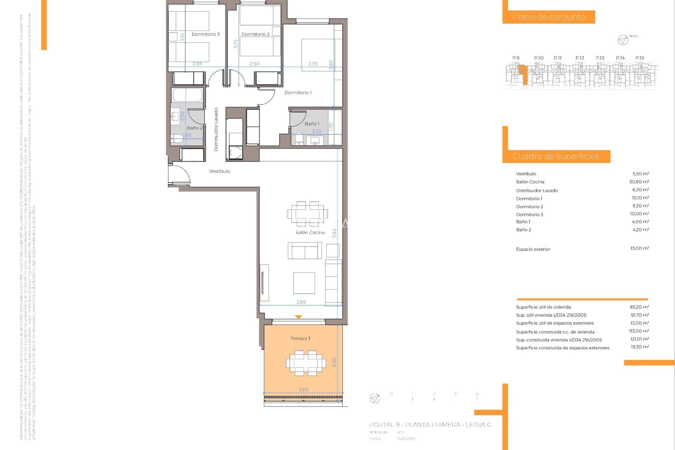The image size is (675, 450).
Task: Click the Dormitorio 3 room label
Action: click(206, 34)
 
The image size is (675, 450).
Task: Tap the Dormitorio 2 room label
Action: click(256, 34)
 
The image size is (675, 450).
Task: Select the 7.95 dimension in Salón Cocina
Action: click(334, 233)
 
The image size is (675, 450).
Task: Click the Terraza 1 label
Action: click(300, 338)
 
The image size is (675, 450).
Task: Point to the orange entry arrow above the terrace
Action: click(298, 317)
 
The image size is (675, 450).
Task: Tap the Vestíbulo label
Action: click(219, 171)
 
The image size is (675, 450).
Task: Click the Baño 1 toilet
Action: click(299, 139)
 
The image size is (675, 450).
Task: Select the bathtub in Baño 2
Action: click(187, 95)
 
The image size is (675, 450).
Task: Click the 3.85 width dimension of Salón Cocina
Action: click(301, 302)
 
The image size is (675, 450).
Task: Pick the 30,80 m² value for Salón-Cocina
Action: click(639, 182)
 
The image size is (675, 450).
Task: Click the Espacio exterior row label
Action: click(533, 249)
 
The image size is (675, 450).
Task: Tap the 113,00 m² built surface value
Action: click(639, 331)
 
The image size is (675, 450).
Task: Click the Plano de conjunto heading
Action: click(549, 17)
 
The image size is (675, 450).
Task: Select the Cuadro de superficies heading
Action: click(555, 156)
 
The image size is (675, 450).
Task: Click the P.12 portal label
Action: click(580, 58)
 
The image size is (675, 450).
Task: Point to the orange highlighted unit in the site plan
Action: click(523, 72)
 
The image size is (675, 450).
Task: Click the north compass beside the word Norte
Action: click(623, 40)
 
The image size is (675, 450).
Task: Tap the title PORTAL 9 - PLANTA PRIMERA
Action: click(430, 425)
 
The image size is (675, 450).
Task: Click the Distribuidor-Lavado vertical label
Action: click(216, 129)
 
